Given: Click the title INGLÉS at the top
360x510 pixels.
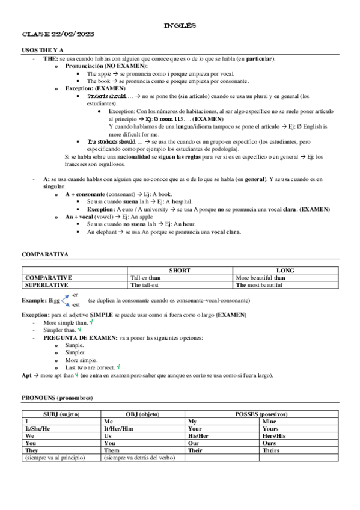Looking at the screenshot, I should tap(180, 26).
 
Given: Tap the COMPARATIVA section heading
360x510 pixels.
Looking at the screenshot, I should tap(45, 254).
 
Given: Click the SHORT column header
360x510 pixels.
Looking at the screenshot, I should tap(180, 271).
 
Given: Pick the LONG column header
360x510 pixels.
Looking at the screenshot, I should tap(285, 271).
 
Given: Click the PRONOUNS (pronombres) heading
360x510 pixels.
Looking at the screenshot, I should tap(57, 398).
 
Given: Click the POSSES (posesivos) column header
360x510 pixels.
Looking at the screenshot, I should tap(261, 414).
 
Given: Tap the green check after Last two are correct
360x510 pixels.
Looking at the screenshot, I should tap(119, 366).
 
